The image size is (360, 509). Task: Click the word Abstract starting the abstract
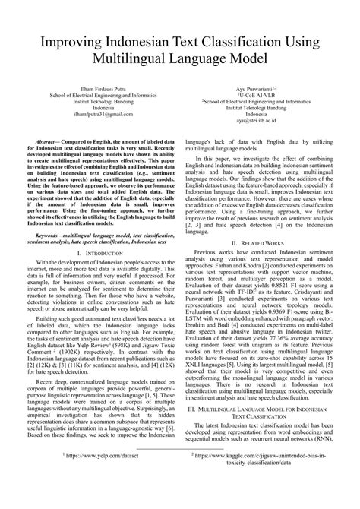pos(50,142)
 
